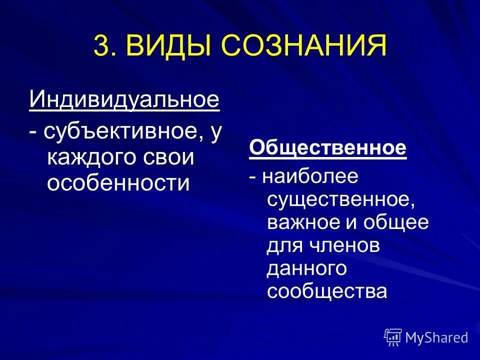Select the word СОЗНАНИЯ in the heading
(x=302, y=46)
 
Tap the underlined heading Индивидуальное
(x=124, y=99)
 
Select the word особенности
(x=118, y=183)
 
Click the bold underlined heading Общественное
(x=328, y=148)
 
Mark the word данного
(x=306, y=268)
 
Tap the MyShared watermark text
(x=436, y=337)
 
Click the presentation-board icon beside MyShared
(x=392, y=337)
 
